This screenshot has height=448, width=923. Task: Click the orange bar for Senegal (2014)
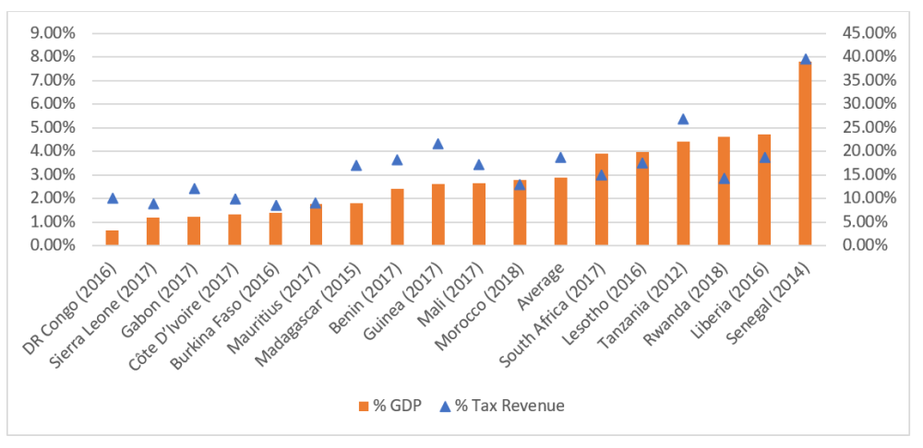(x=805, y=153)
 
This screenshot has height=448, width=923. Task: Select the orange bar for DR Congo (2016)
(x=113, y=238)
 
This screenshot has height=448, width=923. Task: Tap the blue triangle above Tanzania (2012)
(x=683, y=119)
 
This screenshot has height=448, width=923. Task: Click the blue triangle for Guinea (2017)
(x=438, y=144)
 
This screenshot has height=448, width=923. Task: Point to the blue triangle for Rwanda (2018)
(x=724, y=178)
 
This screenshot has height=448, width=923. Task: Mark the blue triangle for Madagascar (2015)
(x=357, y=166)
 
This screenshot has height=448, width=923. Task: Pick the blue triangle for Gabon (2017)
(x=194, y=189)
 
